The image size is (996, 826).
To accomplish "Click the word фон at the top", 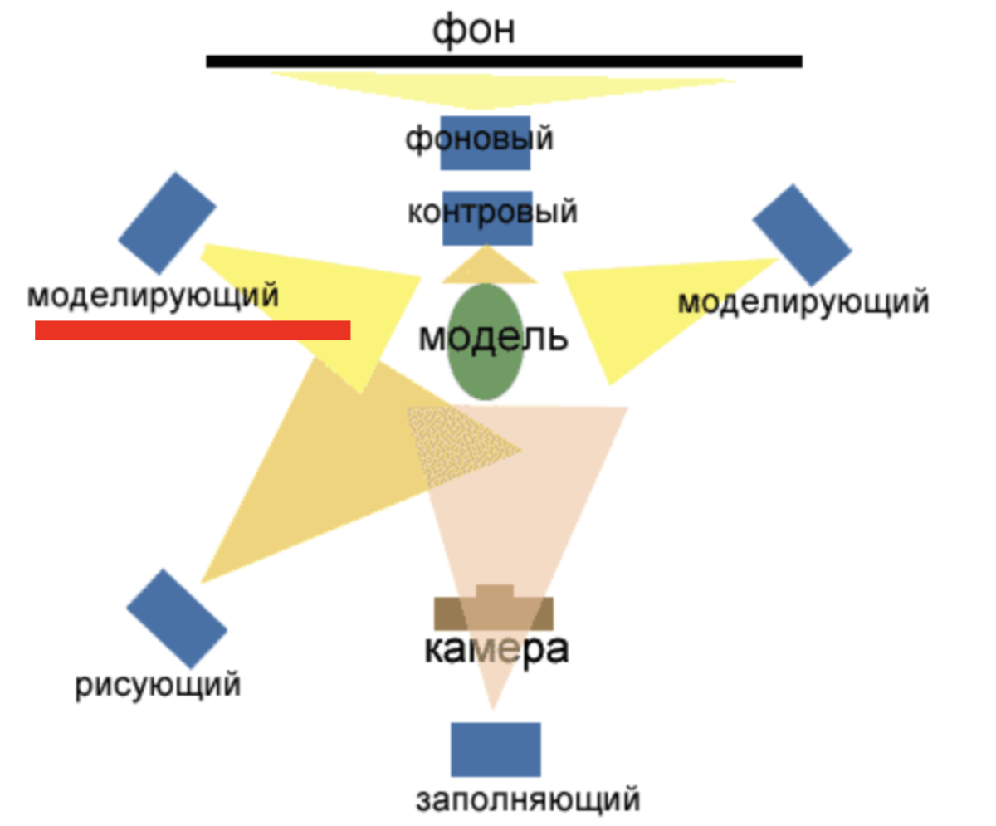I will (474, 30).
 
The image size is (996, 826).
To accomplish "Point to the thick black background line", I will (504, 61).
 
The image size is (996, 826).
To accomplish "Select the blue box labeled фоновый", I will (486, 143).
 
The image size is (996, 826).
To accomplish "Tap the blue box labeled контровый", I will (487, 217).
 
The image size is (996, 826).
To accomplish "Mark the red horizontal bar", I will (193, 330).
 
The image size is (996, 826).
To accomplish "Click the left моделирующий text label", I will (153, 296).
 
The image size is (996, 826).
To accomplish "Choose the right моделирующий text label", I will (803, 302).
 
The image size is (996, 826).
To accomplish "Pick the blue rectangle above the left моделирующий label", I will (167, 222).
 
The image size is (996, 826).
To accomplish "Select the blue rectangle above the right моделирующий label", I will (802, 235).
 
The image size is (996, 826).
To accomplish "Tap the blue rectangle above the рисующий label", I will (177, 618).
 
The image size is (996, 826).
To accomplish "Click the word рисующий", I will (158, 686).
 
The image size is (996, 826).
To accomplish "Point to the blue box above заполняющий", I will (496, 750).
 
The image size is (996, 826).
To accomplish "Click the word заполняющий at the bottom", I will (528, 800).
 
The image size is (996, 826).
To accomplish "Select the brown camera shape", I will (494, 611).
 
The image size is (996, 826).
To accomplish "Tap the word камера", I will (496, 650).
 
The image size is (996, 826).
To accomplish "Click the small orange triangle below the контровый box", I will (487, 267).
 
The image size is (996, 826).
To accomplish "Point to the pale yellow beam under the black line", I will (502, 87).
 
